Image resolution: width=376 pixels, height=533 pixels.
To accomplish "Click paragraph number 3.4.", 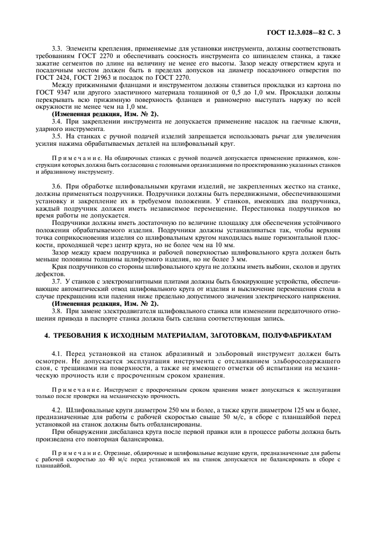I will click(x=56, y=121).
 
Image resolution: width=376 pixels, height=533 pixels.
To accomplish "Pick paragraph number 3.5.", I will click(x=56, y=136).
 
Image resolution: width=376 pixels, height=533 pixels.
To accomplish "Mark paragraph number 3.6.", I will click(x=56, y=186).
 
